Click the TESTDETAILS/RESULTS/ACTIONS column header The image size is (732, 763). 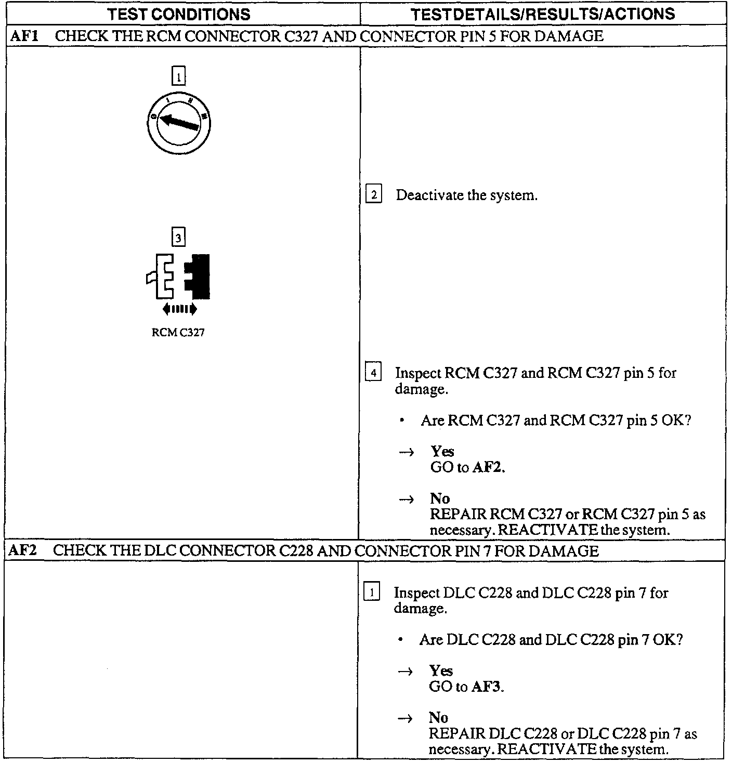point(543,14)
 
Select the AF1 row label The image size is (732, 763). point(24,36)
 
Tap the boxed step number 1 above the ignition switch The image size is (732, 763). point(178,77)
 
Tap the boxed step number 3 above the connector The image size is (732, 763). point(178,238)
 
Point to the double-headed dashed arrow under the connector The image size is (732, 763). point(179,309)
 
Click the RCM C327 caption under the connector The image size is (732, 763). point(178,333)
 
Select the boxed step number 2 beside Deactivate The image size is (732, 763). point(374,195)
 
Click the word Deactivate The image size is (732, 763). point(429,195)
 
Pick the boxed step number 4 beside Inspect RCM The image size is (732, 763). point(373,373)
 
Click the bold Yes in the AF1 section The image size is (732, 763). point(442,451)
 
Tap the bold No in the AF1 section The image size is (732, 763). point(440,498)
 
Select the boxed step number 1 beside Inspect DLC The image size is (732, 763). point(372,592)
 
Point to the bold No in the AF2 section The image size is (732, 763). point(438,718)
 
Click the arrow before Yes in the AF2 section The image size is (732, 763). point(405,672)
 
